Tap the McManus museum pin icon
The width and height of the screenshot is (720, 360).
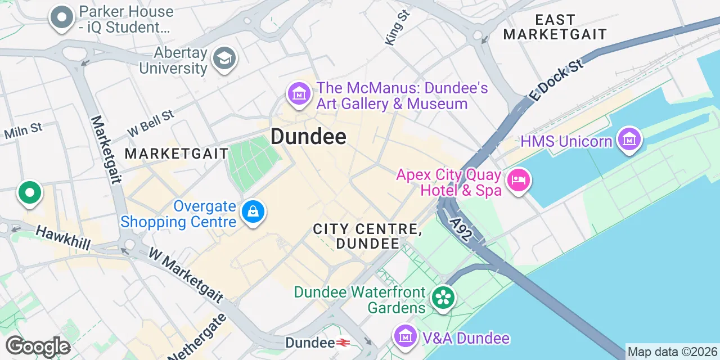coord(299,93)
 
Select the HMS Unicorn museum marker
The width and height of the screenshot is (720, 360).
coord(629,139)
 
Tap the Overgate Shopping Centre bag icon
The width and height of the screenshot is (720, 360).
coord(254,212)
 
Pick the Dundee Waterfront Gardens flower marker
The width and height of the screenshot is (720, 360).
coord(443,298)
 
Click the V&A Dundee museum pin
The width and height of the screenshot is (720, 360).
coord(405,336)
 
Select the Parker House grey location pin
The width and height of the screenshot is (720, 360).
coord(62,17)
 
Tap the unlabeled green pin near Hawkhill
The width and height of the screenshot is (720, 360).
coord(30,193)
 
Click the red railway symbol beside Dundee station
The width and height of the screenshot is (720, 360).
coord(343,343)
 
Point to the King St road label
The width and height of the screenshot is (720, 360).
coord(397,27)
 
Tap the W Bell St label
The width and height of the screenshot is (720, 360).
coord(150,123)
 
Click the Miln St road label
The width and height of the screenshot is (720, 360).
coord(23,131)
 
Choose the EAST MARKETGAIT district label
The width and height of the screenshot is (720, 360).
coord(555,27)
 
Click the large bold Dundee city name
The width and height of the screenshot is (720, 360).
coord(308,136)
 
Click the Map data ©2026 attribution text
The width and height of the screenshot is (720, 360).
coord(672,352)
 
